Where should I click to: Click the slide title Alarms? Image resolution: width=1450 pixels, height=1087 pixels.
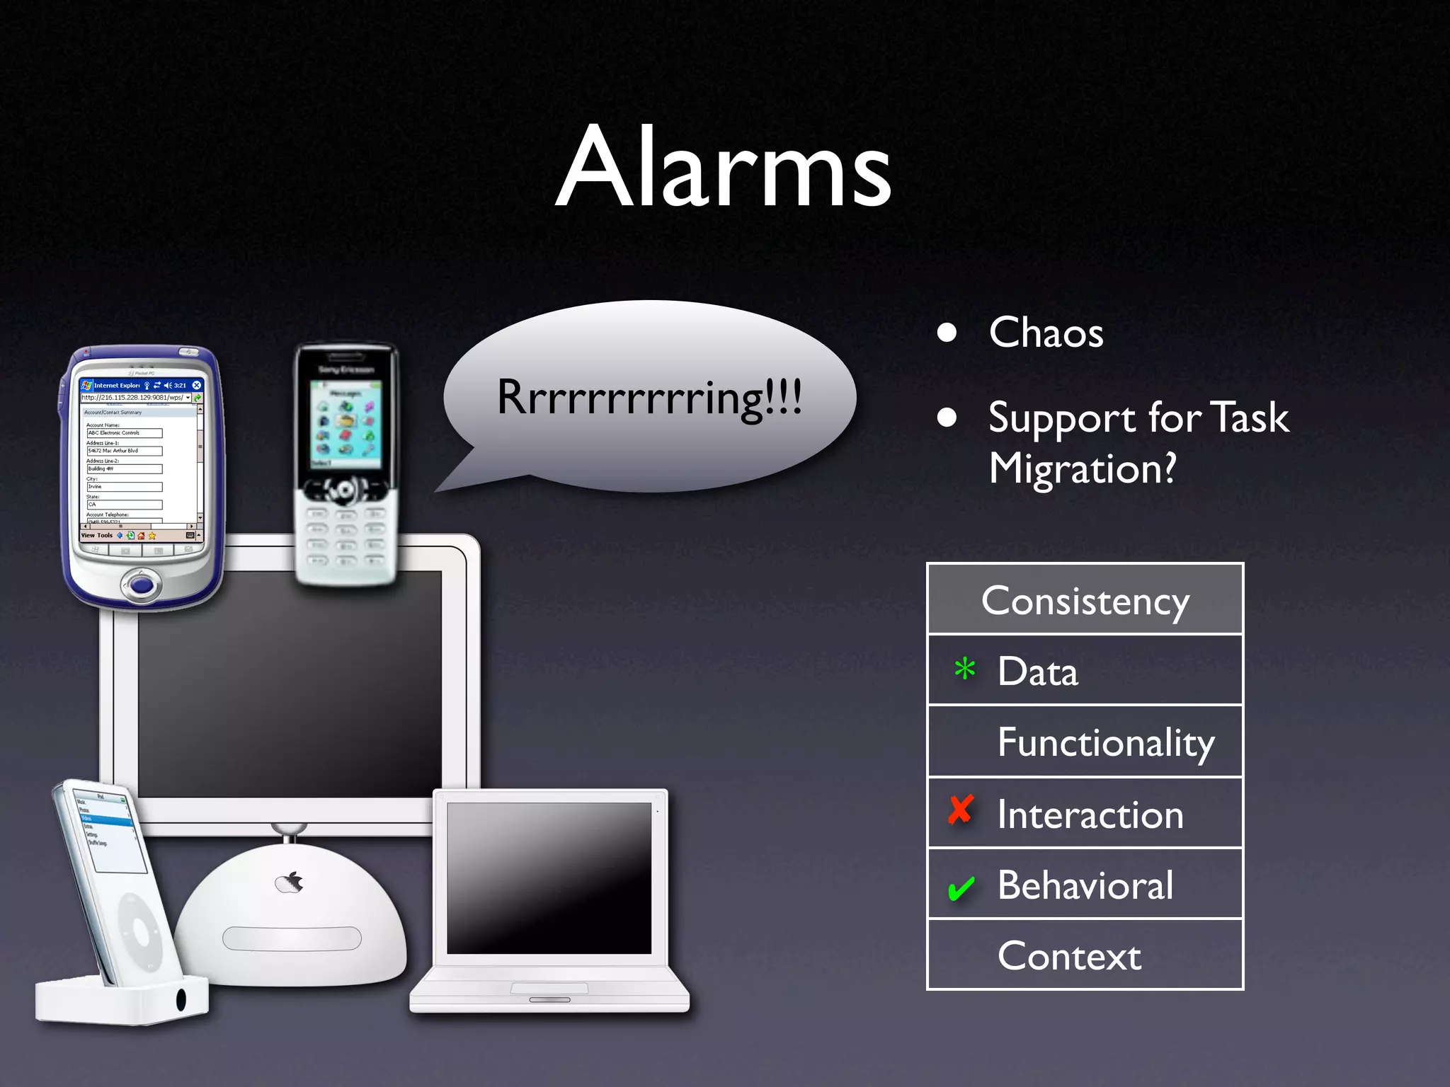723,168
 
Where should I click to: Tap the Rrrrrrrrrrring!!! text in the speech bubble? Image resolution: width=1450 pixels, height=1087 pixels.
649,397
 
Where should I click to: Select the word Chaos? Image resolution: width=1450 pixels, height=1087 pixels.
1046,333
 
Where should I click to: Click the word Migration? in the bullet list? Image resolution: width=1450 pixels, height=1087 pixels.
1082,469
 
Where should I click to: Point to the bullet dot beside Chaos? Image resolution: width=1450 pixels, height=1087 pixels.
947,333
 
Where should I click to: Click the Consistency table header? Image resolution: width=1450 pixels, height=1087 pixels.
1085,601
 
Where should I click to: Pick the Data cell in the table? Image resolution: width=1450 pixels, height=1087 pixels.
1037,672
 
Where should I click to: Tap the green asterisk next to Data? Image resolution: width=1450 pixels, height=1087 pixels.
964,669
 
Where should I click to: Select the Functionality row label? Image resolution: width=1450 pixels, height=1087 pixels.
1105,743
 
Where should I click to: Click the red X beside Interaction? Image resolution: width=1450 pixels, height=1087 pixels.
961,810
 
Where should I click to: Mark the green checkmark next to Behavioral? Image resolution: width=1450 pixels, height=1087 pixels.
961,888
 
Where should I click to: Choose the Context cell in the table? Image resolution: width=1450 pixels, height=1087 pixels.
1069,956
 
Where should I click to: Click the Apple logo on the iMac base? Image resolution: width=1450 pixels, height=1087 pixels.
290,882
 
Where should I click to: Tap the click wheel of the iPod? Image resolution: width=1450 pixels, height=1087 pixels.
139,932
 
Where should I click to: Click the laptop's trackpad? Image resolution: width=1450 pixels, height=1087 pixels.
549,988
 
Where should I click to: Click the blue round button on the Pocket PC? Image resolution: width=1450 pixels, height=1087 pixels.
142,585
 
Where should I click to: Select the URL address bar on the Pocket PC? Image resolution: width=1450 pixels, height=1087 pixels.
134,398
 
